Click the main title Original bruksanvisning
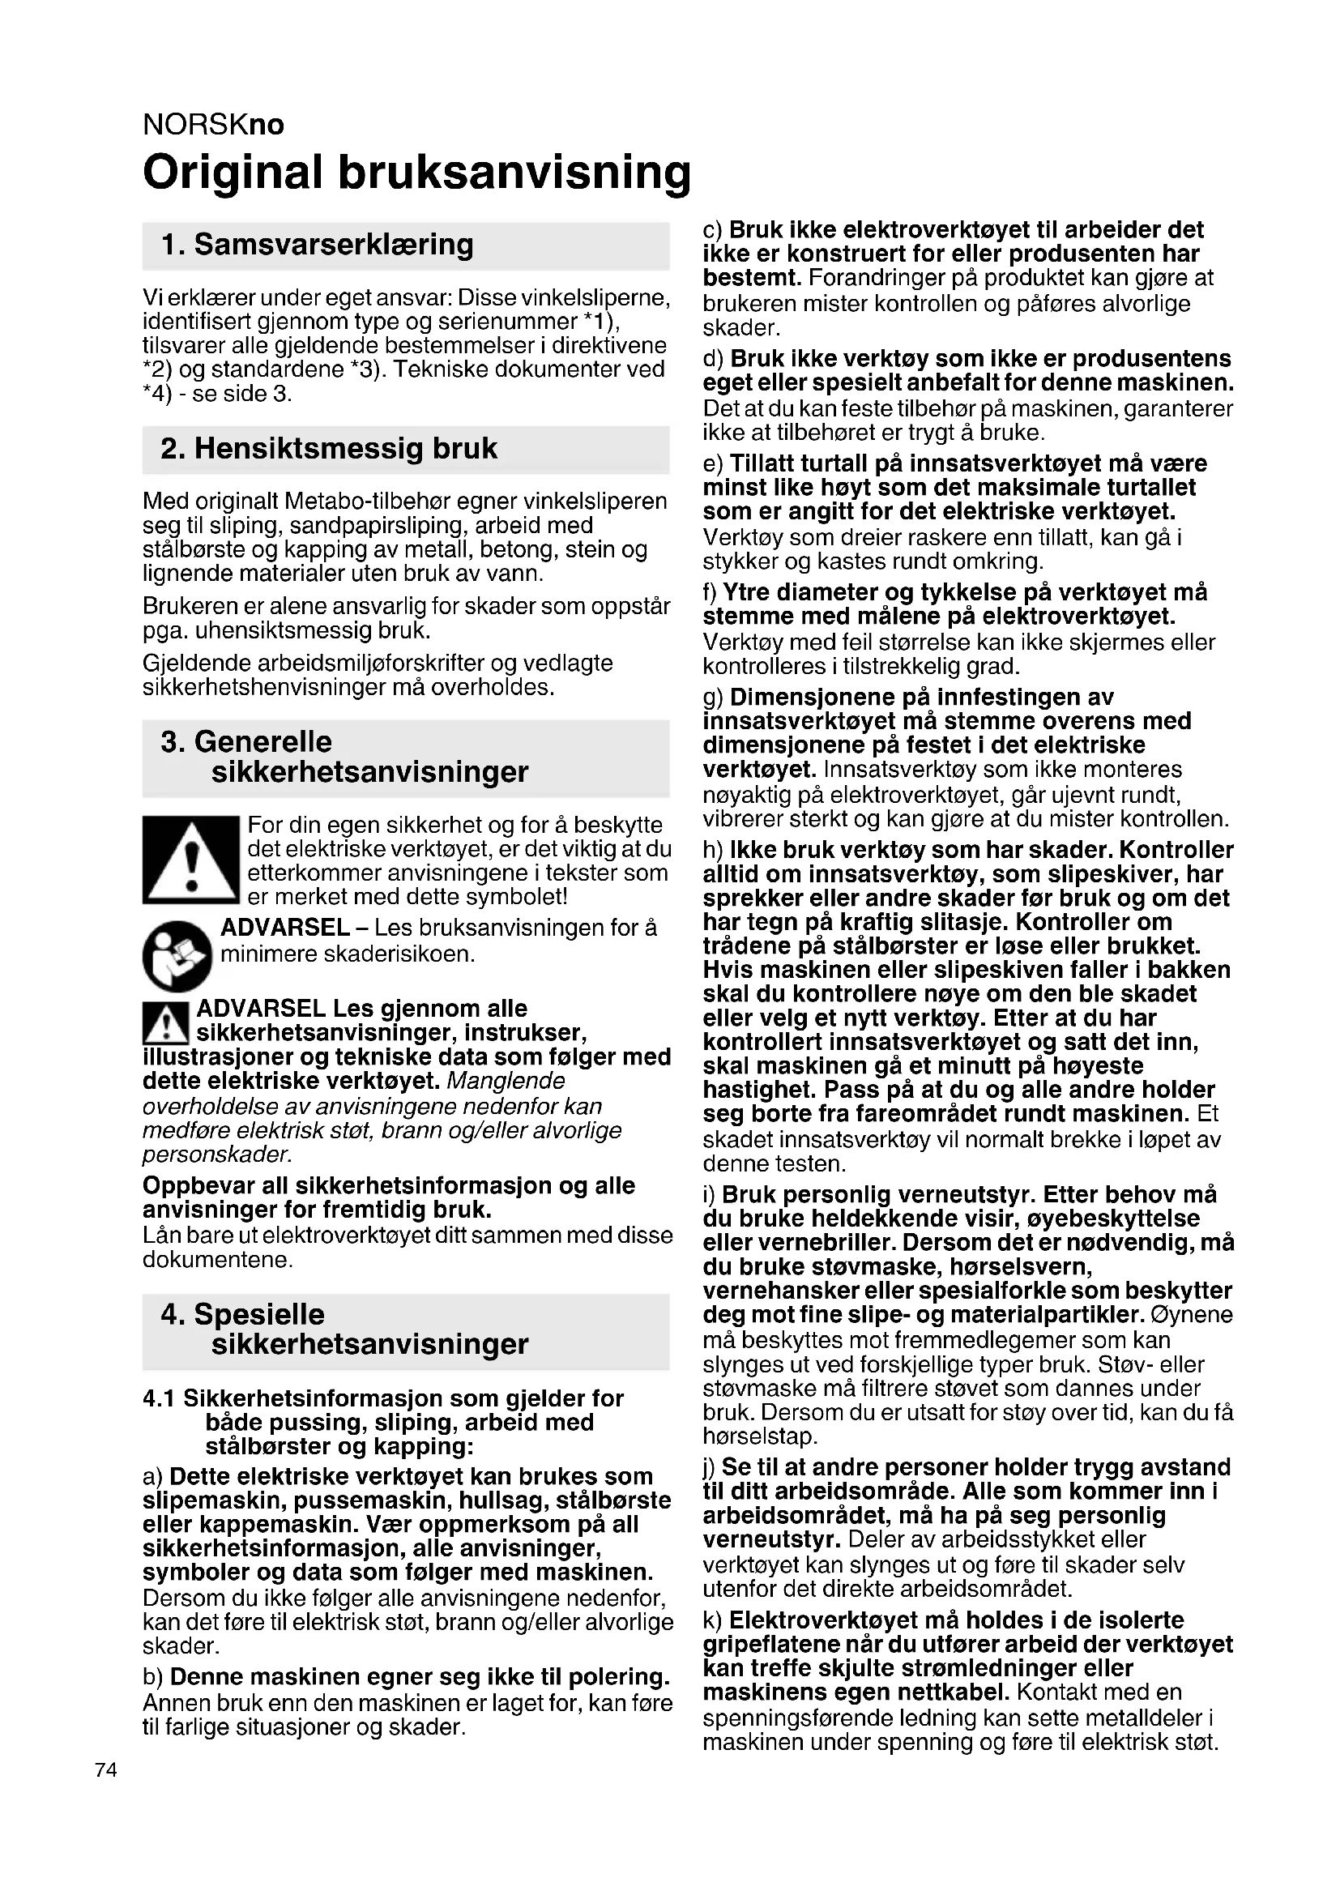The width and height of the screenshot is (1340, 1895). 416,173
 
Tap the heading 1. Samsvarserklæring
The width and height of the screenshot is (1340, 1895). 318,245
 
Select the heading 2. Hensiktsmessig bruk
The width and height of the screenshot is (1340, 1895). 329,449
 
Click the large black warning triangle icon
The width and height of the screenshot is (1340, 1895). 190,860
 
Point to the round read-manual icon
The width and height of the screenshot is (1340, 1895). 177,956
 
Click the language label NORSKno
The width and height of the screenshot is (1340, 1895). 214,125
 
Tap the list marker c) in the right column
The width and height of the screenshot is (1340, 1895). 713,230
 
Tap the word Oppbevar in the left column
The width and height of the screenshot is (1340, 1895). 191,1186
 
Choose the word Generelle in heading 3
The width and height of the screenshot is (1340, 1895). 263,742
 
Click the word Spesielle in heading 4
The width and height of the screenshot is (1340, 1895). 259,1315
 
